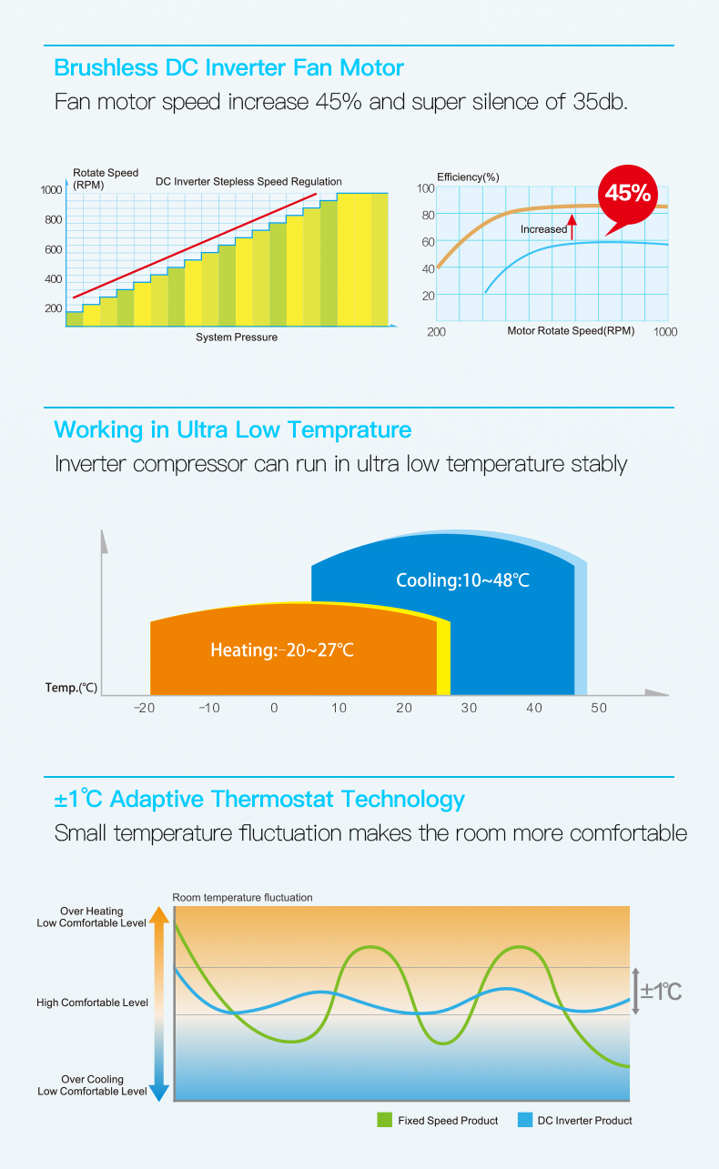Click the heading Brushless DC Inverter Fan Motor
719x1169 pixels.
pos(228,67)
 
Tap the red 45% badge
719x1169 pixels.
pos(628,193)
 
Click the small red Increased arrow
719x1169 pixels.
pos(572,227)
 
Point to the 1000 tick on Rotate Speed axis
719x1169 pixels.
pos(51,189)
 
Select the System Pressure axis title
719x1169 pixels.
pos(237,338)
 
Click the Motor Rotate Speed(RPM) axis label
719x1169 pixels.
pos(571,330)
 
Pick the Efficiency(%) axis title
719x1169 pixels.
pos(468,176)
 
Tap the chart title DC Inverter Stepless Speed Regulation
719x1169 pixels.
pos(248,181)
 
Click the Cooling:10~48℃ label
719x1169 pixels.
pos(462,580)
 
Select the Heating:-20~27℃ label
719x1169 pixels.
pos(282,650)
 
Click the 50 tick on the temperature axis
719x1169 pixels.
pos(598,708)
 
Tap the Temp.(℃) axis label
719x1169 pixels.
pos(71,687)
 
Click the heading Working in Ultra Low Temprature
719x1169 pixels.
pos(233,429)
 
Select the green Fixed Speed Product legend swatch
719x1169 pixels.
pos(384,1120)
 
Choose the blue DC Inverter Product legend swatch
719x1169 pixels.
pos(524,1120)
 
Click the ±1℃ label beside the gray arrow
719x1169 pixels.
pos(661,991)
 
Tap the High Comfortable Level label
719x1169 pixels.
pos(92,1003)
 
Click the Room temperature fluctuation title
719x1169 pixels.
pos(242,897)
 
